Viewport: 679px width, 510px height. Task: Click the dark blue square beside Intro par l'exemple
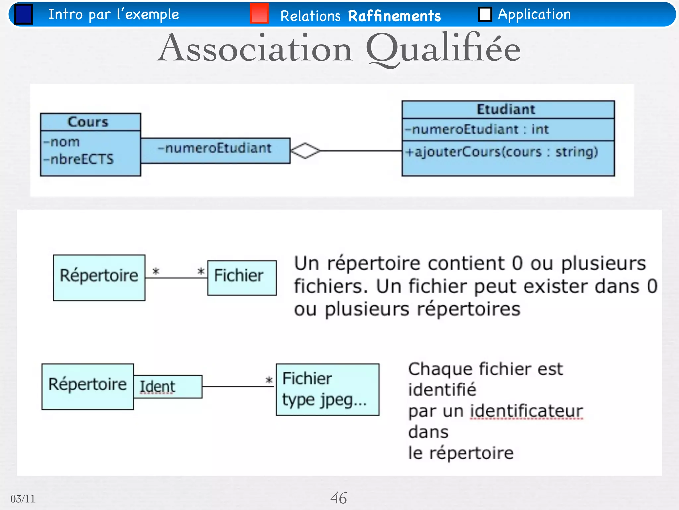pyautogui.click(x=24, y=14)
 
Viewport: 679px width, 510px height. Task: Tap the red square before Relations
pyautogui.click(x=259, y=13)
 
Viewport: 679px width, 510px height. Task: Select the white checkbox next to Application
pyautogui.click(x=485, y=14)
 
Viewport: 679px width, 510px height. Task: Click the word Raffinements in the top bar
pyautogui.click(x=395, y=16)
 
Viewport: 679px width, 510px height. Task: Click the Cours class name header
pyautogui.click(x=88, y=122)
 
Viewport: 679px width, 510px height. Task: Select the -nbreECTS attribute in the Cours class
pyautogui.click(x=79, y=159)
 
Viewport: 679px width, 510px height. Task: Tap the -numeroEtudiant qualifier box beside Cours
pyautogui.click(x=215, y=150)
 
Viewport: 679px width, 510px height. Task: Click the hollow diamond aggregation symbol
pyautogui.click(x=305, y=151)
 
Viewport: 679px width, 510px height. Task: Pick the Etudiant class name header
pyautogui.click(x=506, y=109)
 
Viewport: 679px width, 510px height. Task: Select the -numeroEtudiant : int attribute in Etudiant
pyautogui.click(x=477, y=129)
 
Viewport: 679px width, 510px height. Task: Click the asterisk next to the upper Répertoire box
pyautogui.click(x=156, y=272)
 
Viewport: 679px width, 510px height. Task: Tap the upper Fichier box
pyautogui.click(x=242, y=278)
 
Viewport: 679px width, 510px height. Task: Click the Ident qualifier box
pyautogui.click(x=168, y=386)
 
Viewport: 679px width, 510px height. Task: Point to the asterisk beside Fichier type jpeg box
pyautogui.click(x=269, y=380)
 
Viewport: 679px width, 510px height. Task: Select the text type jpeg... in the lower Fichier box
pyautogui.click(x=324, y=400)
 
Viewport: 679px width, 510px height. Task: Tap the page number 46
pyautogui.click(x=339, y=498)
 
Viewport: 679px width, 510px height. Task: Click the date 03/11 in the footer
pyautogui.click(x=23, y=499)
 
